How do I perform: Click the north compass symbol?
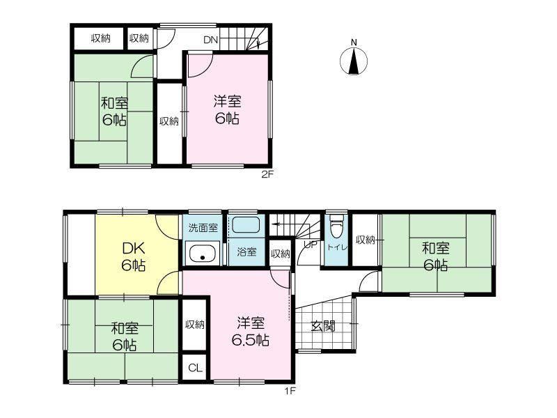pyautogui.click(x=354, y=61)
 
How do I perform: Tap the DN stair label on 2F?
pyautogui.click(x=211, y=40)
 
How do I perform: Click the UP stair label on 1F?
pyautogui.click(x=310, y=245)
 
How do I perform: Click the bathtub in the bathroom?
pyautogui.click(x=246, y=225)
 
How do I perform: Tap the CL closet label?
pyautogui.click(x=195, y=369)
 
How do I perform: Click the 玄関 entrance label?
pyautogui.click(x=323, y=326)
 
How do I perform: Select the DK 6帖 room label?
pyautogui.click(x=133, y=256)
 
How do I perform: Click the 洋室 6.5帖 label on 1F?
pyautogui.click(x=251, y=332)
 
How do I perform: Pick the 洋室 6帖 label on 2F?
pyautogui.click(x=227, y=109)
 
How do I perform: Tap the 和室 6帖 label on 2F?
pyautogui.click(x=114, y=111)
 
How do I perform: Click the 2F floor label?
pyautogui.click(x=267, y=175)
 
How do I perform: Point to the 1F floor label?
pyautogui.click(x=290, y=392)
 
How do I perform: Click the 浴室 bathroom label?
pyautogui.click(x=246, y=252)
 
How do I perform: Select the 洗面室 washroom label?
pyautogui.click(x=203, y=228)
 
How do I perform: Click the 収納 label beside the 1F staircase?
pyautogui.click(x=281, y=254)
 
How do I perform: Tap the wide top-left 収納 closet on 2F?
pyautogui.click(x=101, y=38)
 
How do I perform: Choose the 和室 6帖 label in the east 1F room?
pyautogui.click(x=436, y=256)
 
